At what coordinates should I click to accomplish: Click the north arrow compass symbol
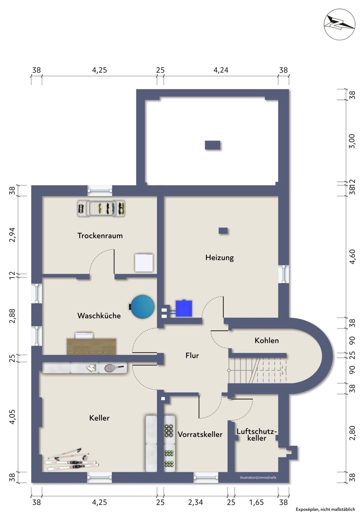click(x=339, y=24)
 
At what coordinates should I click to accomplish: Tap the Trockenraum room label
click(x=100, y=236)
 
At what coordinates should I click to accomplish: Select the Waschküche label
click(x=99, y=316)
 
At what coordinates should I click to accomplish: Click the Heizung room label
click(x=220, y=258)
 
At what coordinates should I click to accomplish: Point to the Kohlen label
click(x=267, y=340)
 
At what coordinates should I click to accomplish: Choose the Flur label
click(x=192, y=356)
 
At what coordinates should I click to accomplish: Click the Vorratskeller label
click(x=200, y=434)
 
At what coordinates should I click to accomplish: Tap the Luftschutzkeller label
click(x=257, y=435)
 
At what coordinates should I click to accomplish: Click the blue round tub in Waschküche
click(x=142, y=307)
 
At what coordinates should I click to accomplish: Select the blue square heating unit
click(x=184, y=309)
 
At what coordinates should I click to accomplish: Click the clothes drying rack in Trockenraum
click(x=101, y=209)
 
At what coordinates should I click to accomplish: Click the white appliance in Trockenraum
click(x=144, y=263)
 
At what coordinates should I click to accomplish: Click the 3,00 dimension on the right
click(x=352, y=141)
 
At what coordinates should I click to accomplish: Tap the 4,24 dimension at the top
click(x=221, y=70)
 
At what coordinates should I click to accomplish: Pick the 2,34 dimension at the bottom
click(x=195, y=502)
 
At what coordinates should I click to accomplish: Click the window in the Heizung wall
click(x=283, y=274)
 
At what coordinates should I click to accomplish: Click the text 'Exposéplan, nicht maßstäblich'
click(x=325, y=509)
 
